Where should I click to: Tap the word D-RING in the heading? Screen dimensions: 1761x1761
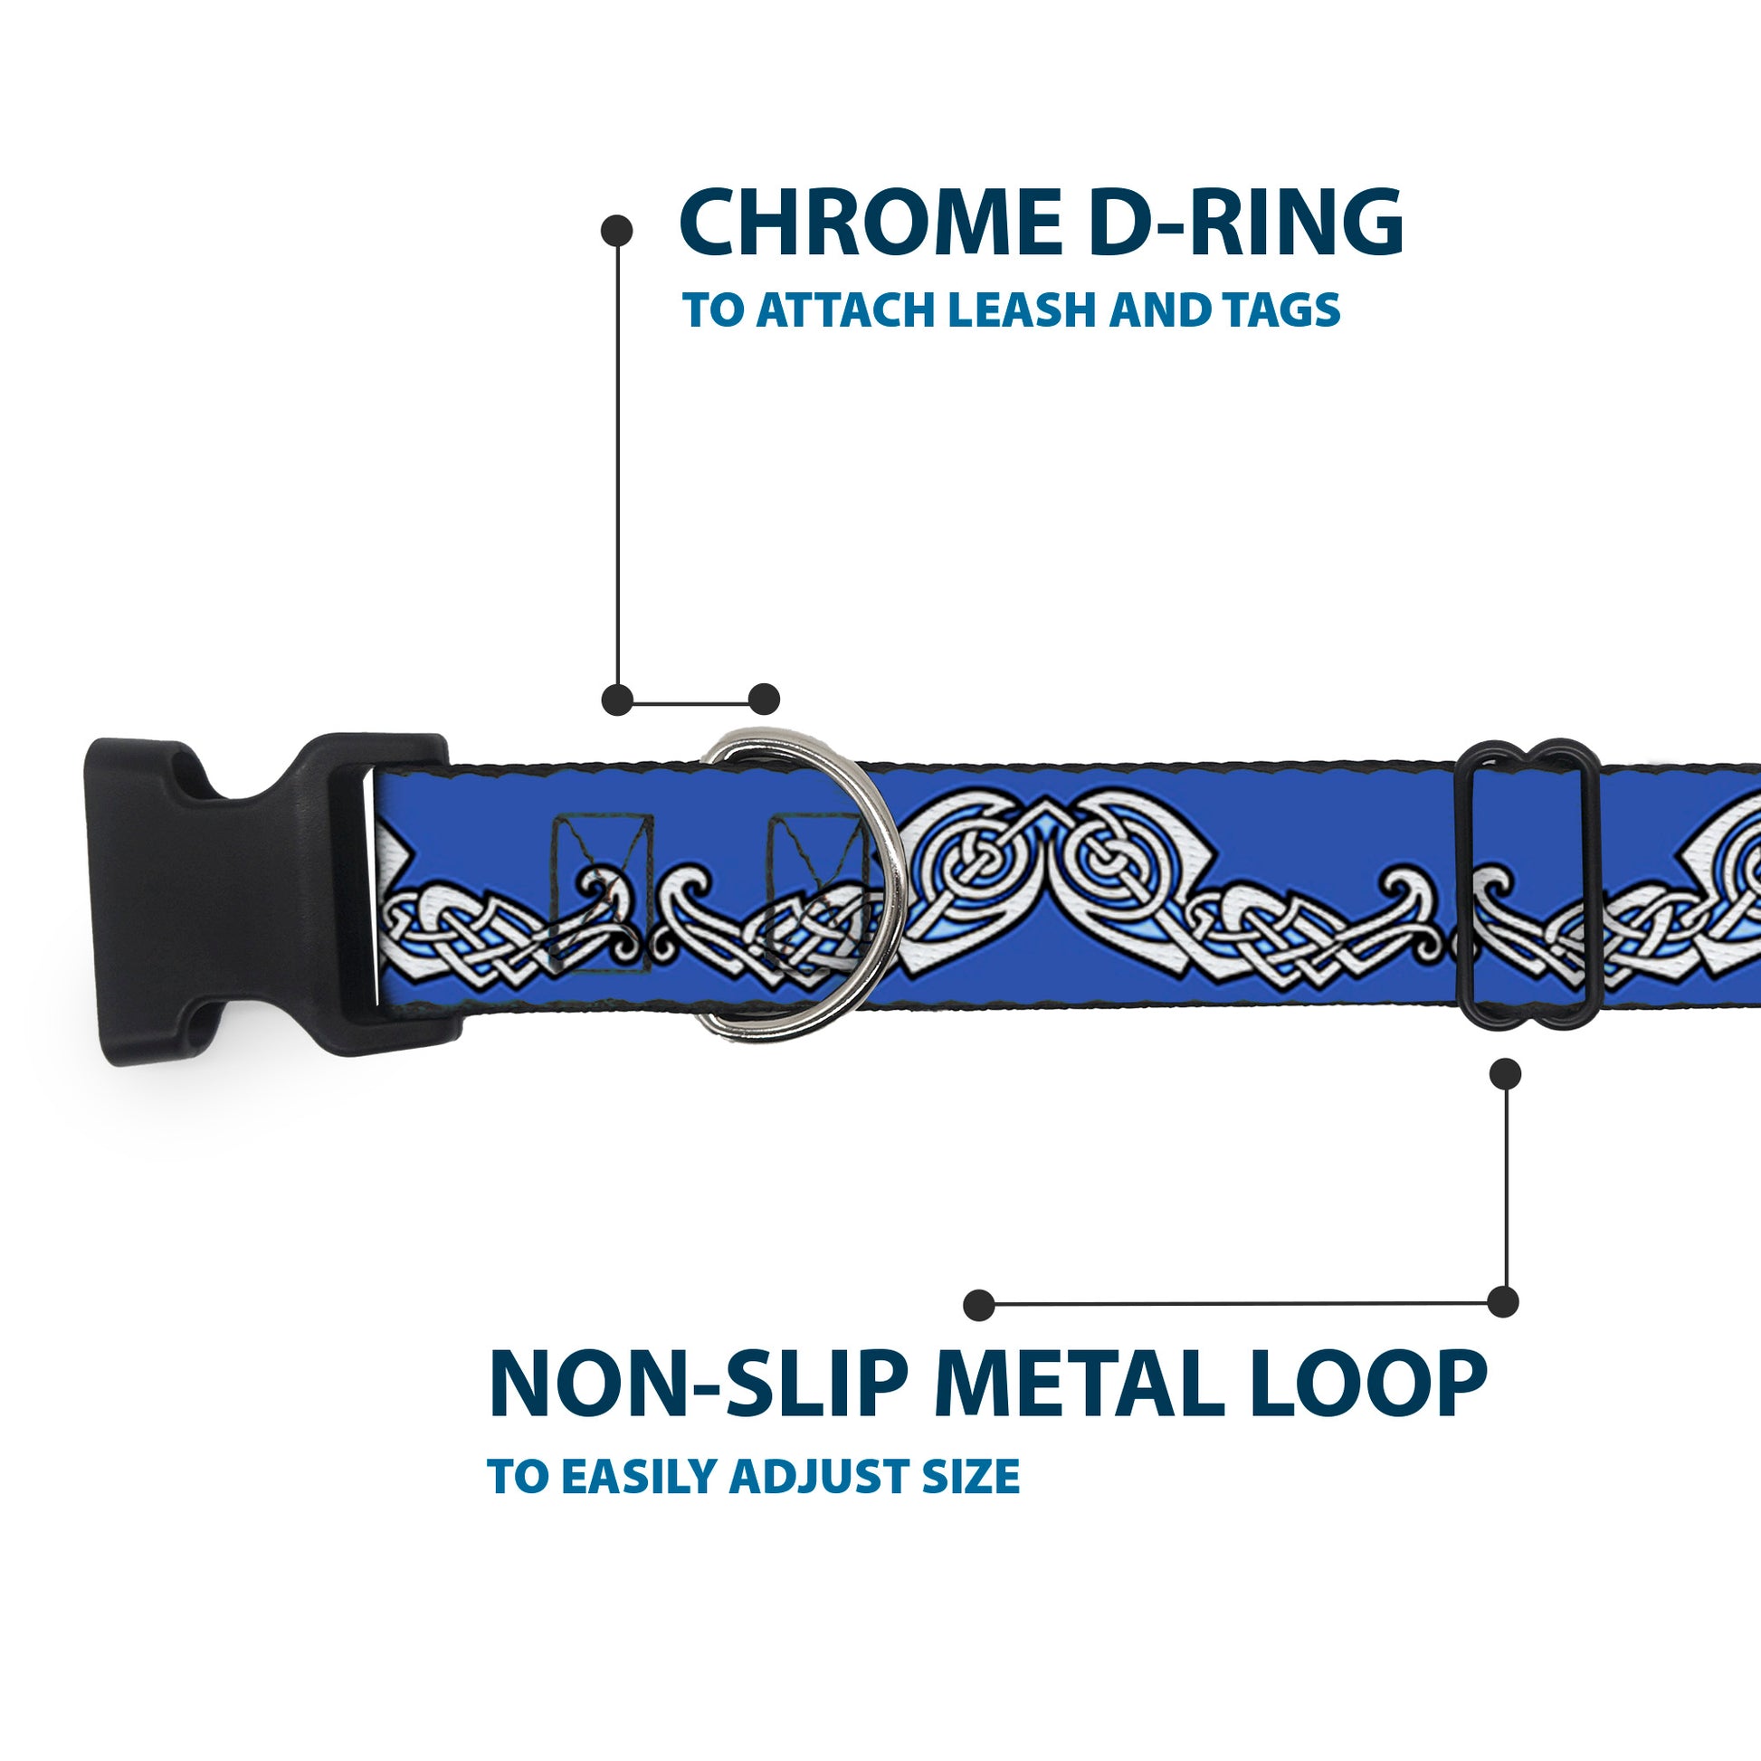coord(1245,224)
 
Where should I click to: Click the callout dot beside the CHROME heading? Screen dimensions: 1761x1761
coord(617,230)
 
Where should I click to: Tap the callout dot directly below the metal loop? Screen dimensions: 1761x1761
coord(1505,1074)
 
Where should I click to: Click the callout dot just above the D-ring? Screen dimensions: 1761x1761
coord(764,700)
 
